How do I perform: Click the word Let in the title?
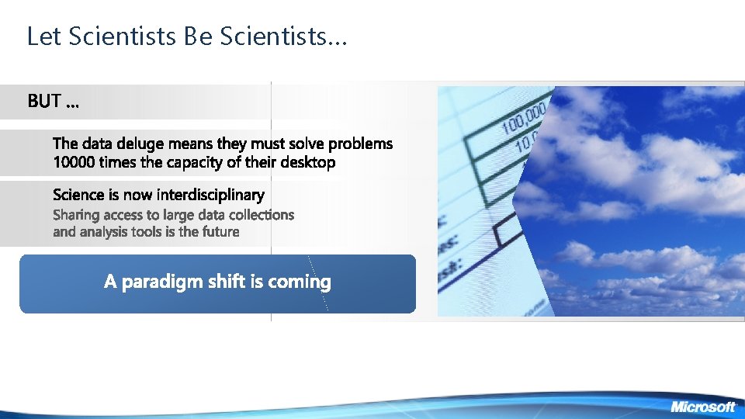(41, 36)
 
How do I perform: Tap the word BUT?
(46, 102)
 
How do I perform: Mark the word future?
(220, 232)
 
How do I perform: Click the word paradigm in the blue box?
(162, 282)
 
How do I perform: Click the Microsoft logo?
(702, 407)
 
